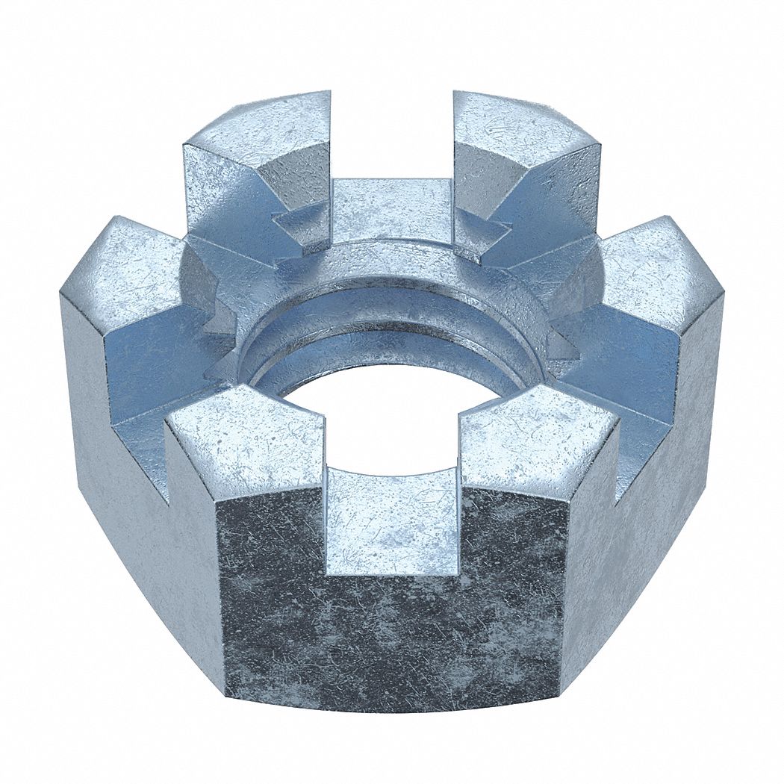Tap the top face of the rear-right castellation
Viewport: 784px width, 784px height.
(523, 131)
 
